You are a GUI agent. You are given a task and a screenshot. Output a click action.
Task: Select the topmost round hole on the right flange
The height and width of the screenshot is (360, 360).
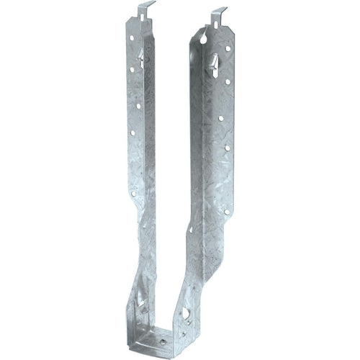pyautogui.click(x=228, y=49)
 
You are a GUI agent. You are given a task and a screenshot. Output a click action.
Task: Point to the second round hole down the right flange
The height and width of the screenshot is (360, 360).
pyautogui.click(x=226, y=81)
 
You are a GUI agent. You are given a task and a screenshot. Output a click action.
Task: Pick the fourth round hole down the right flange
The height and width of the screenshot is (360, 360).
pyautogui.click(x=227, y=148)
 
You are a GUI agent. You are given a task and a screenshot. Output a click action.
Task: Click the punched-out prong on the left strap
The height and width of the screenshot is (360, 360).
pyautogui.click(x=141, y=57)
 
